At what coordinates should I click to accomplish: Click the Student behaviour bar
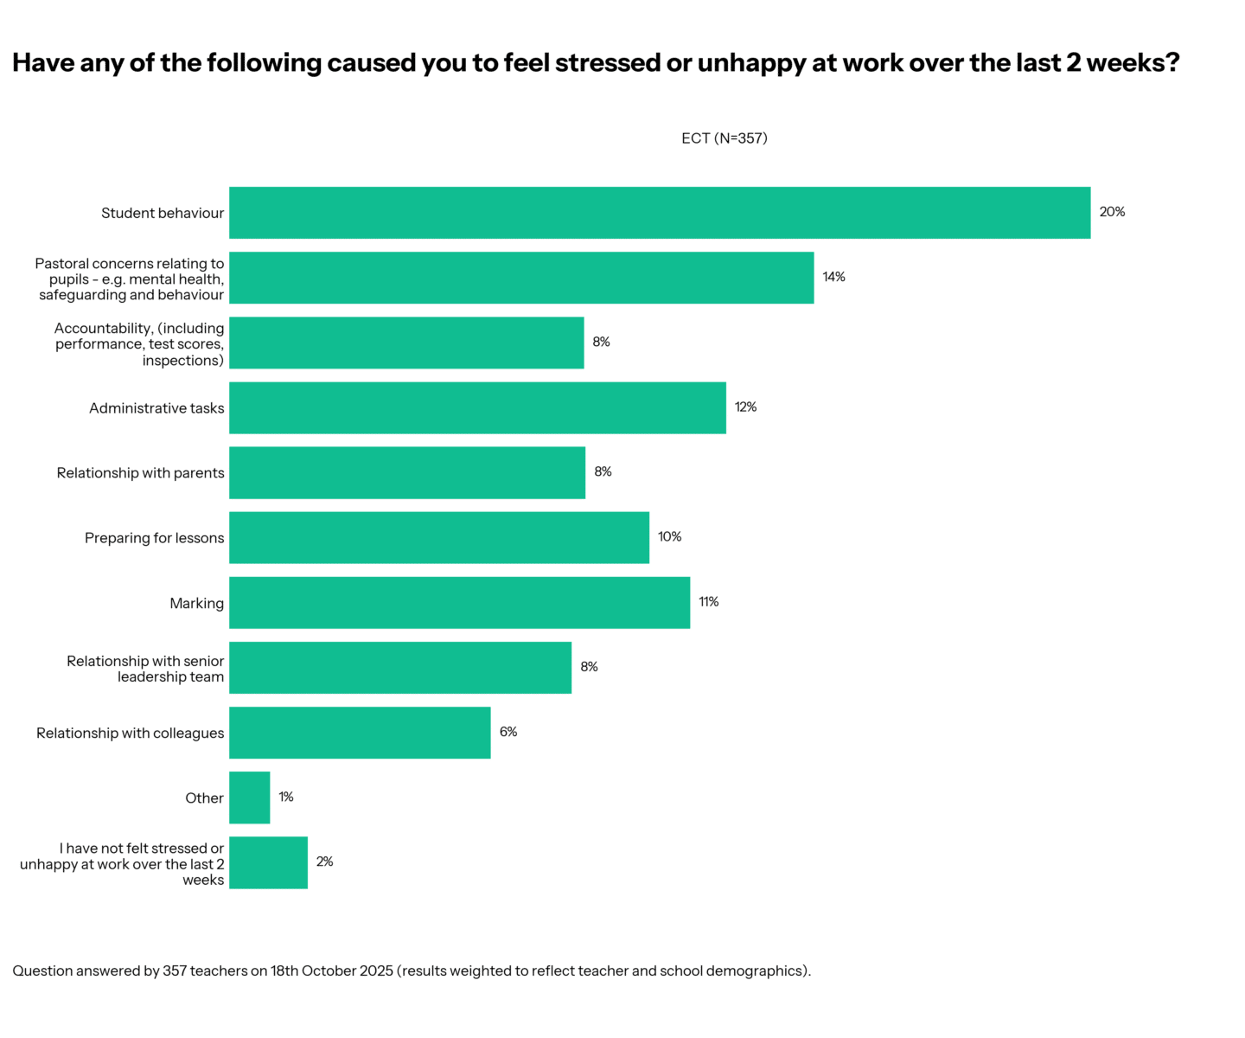click(x=659, y=213)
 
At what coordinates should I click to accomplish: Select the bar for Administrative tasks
click(x=477, y=407)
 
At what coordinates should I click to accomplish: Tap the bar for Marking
click(x=459, y=603)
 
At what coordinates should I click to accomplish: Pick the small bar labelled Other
click(x=249, y=798)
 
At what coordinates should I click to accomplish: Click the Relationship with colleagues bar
click(x=360, y=733)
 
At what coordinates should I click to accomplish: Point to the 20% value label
click(x=1112, y=212)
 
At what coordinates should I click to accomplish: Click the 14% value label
click(x=833, y=277)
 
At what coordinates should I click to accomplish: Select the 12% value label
click(x=745, y=407)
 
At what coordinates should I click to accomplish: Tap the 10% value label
click(x=669, y=537)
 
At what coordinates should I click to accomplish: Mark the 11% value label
click(x=708, y=602)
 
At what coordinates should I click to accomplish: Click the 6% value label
click(x=508, y=732)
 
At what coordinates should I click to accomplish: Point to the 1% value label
click(x=285, y=797)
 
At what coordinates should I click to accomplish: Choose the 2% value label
click(x=324, y=862)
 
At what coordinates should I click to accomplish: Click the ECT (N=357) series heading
click(x=724, y=138)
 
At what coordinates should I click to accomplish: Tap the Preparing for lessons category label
click(x=154, y=538)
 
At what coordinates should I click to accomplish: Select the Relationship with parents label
click(x=140, y=473)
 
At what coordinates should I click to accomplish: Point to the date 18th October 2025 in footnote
click(x=332, y=971)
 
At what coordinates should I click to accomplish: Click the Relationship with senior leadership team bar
click(x=399, y=668)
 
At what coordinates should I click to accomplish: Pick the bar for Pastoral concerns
click(x=520, y=278)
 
